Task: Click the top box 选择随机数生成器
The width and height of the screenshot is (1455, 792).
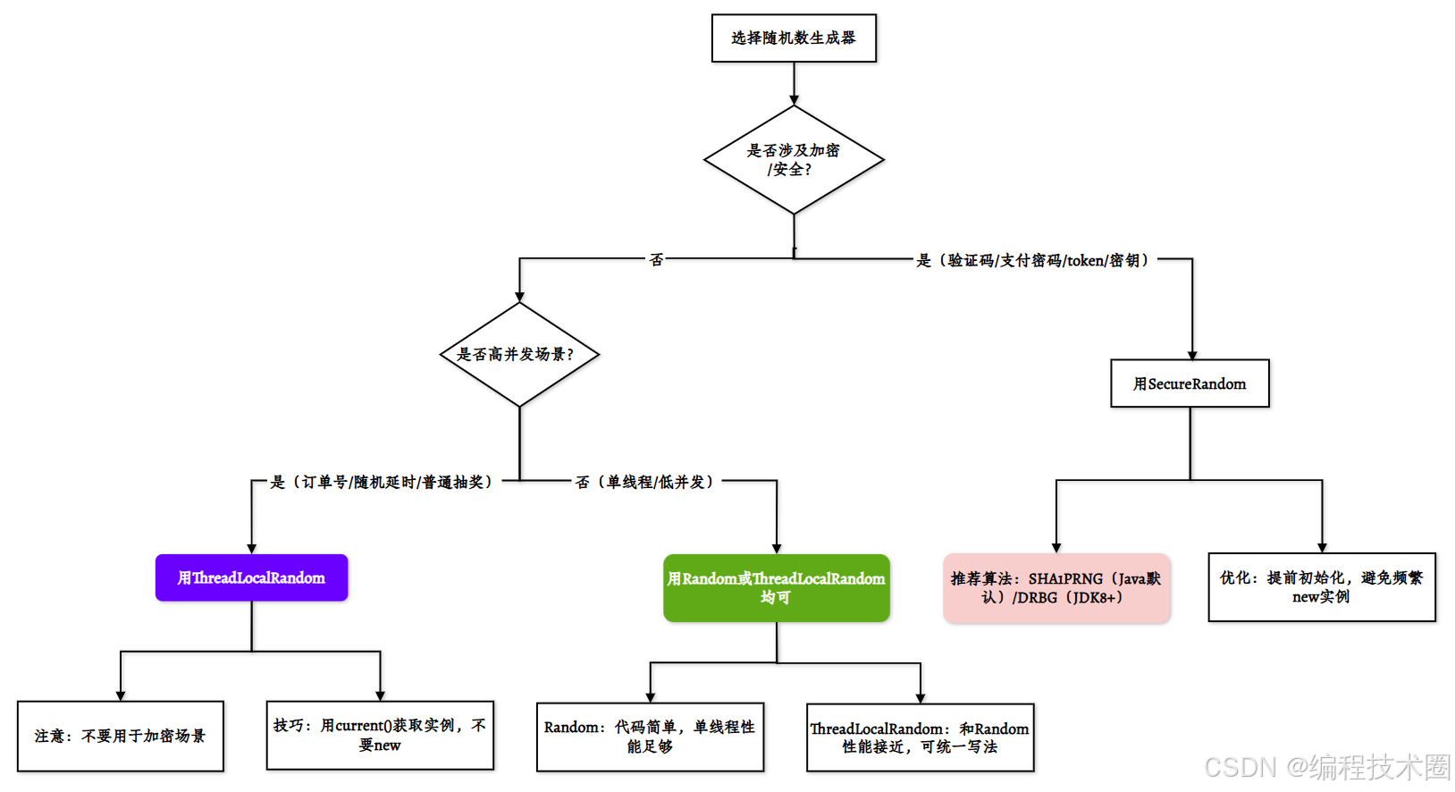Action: click(x=794, y=38)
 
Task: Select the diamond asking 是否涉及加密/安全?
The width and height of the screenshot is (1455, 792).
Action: click(x=794, y=160)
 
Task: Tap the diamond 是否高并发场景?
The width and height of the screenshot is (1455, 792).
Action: click(x=519, y=354)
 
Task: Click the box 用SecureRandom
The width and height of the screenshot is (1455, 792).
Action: click(x=1190, y=383)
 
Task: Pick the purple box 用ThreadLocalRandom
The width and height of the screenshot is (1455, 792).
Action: click(x=251, y=577)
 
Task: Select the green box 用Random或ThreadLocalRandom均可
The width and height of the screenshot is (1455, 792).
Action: click(x=776, y=587)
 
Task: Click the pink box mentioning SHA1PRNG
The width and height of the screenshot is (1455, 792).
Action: click(x=1056, y=587)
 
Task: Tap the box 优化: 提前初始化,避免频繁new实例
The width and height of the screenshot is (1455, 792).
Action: click(x=1321, y=586)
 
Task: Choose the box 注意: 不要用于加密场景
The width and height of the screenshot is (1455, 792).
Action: click(x=121, y=736)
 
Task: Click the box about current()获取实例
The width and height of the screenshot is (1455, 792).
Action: click(x=380, y=735)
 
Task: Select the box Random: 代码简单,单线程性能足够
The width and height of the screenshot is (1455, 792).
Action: click(x=650, y=737)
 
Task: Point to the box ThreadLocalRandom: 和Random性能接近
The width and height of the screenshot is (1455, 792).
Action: click(x=920, y=737)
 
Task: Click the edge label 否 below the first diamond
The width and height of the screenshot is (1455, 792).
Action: click(x=657, y=260)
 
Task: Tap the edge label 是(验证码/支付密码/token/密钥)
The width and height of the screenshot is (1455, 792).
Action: click(x=1035, y=260)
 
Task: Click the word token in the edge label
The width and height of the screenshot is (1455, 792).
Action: click(x=1085, y=261)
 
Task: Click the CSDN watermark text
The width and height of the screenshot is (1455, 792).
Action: click(x=1326, y=767)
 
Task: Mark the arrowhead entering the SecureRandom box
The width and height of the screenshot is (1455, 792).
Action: click(x=1192, y=355)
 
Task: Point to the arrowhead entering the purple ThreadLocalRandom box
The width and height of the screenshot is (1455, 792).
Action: click(x=252, y=549)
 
